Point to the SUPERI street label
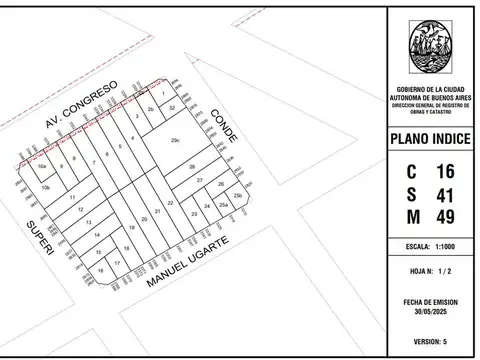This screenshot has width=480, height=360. [x=37, y=235]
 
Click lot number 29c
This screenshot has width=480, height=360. [x=175, y=141]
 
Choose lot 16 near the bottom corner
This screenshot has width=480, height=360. [x=101, y=270]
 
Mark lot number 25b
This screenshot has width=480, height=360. [x=237, y=196]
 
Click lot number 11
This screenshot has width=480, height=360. [x=74, y=197]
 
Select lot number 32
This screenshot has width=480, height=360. [x=172, y=107]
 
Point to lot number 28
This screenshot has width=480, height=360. [x=191, y=166]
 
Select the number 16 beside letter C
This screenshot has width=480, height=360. [x=446, y=172]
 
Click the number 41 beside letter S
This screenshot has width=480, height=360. [x=446, y=197]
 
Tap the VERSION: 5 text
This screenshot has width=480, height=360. [x=430, y=341]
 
